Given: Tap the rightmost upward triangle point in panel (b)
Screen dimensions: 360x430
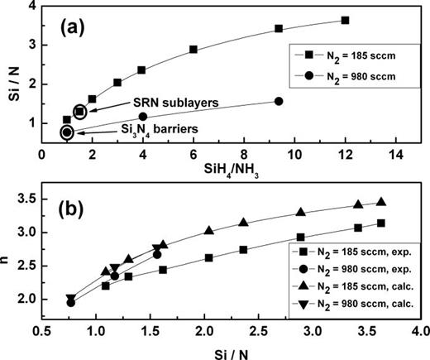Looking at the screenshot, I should (381, 202).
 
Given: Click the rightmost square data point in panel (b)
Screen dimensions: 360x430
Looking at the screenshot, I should (381, 223).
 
